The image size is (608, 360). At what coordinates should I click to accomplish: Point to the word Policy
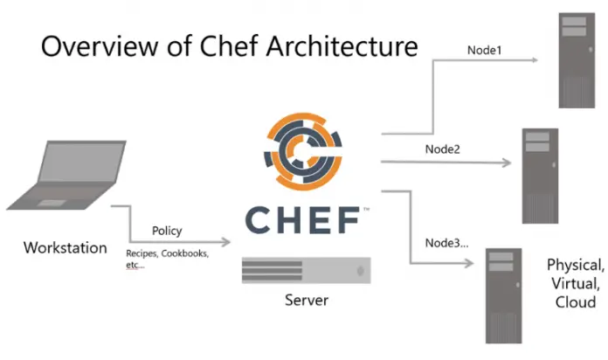168,231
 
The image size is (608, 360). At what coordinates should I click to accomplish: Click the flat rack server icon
307,271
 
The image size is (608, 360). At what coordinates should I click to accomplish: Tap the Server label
306,301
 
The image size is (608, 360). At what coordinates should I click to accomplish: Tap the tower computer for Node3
502,293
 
